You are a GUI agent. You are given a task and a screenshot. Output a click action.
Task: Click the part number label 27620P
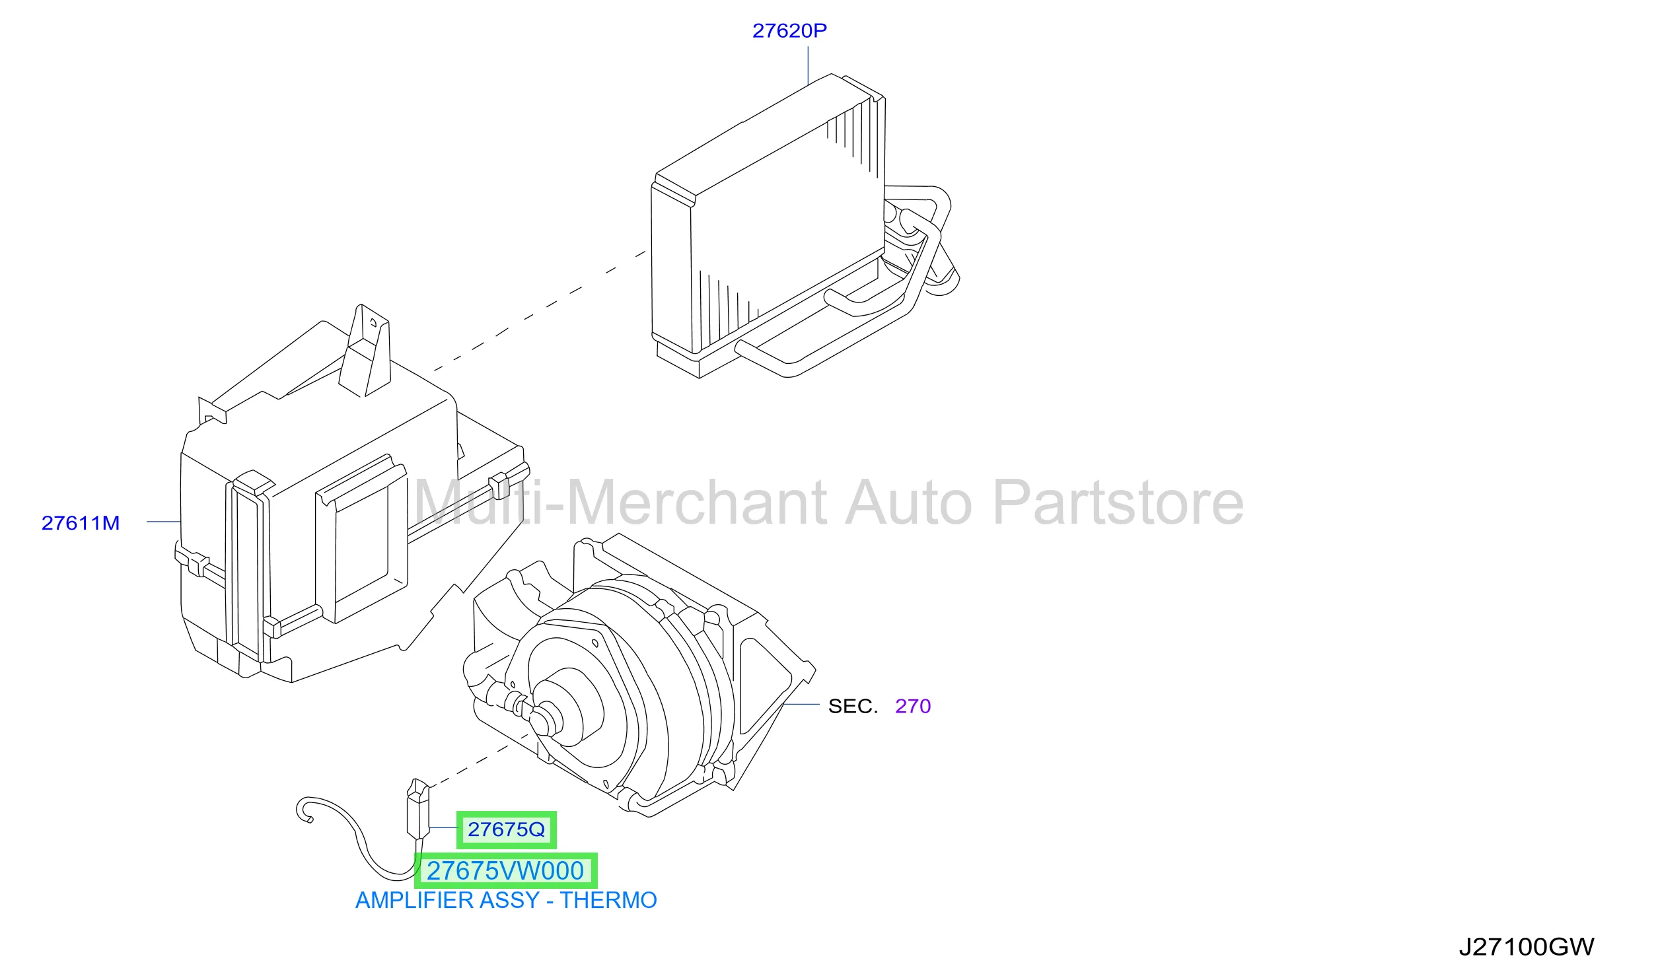(x=789, y=30)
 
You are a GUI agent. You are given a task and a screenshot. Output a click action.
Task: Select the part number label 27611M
(x=81, y=523)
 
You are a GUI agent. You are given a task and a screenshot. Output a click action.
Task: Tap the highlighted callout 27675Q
(x=507, y=829)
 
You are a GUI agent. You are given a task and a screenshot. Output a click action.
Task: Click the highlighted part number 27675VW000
(x=505, y=871)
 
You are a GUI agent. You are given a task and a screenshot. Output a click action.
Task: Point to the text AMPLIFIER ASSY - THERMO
(x=506, y=901)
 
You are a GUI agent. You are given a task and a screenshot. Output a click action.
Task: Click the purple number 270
(x=913, y=706)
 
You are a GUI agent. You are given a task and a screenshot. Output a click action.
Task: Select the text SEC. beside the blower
(x=853, y=706)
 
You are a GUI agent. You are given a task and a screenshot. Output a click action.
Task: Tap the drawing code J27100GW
(x=1527, y=947)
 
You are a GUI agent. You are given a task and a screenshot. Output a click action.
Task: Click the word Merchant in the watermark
(x=697, y=503)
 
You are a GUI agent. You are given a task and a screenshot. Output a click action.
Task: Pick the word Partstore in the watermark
(x=1118, y=503)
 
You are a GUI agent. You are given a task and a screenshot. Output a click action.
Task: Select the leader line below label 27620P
(x=808, y=65)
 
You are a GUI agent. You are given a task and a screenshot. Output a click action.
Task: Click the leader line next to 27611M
(x=164, y=522)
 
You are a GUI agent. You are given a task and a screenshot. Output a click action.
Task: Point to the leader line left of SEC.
(x=801, y=704)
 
